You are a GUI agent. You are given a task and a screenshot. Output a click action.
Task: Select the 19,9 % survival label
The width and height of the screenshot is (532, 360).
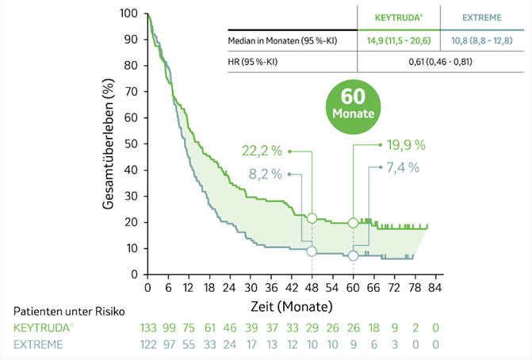tap(407, 144)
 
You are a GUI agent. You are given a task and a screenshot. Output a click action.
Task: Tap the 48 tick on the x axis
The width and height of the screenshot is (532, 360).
tap(312, 286)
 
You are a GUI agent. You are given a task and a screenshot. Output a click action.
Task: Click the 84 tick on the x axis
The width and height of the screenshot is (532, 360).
tap(434, 286)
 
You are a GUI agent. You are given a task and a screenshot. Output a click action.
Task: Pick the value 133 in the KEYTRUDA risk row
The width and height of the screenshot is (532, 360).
tap(148, 327)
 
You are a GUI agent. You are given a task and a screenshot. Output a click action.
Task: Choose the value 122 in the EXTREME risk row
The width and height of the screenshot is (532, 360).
tap(148, 344)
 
